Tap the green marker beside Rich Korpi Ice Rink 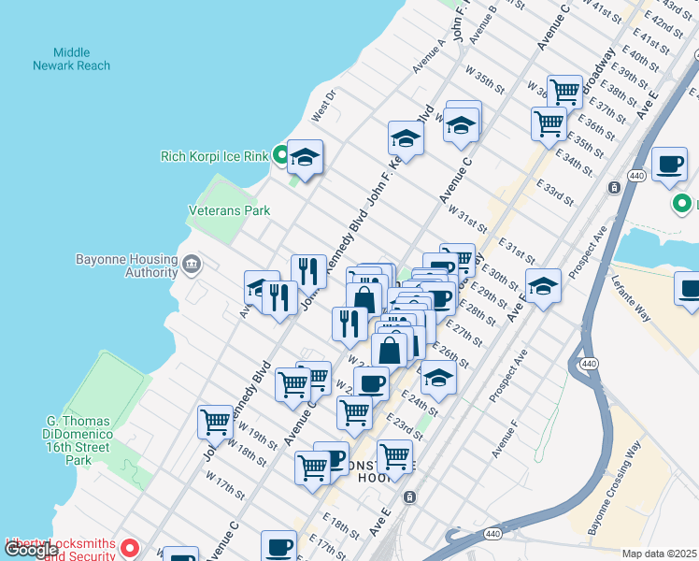click(279, 156)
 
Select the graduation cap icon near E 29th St click(543, 285)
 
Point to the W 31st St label click(467, 221)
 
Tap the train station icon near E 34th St click(614, 187)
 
